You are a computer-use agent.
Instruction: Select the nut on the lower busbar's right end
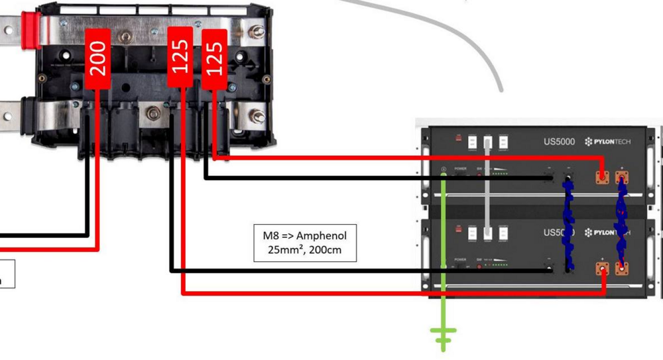click(x=257, y=117)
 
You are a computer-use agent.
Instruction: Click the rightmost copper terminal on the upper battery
click(x=623, y=178)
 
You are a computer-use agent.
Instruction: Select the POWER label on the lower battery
click(x=460, y=259)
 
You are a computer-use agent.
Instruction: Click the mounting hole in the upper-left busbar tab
click(x=8, y=30)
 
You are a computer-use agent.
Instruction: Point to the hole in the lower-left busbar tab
click(x=8, y=117)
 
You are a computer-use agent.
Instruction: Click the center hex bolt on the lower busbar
click(x=154, y=115)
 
